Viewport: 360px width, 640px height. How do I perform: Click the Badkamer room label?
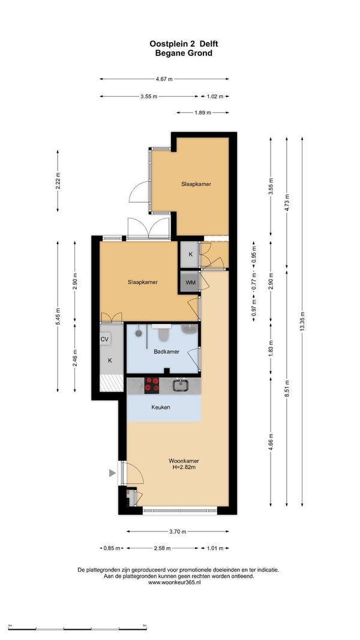(166, 351)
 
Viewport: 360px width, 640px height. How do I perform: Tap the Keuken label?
(160, 407)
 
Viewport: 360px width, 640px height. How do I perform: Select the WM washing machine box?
(190, 282)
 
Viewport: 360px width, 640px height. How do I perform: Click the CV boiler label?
(105, 339)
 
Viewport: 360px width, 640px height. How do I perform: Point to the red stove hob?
(152, 385)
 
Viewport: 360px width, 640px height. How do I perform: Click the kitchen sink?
(181, 385)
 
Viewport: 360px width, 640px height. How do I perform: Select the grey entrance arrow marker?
(112, 473)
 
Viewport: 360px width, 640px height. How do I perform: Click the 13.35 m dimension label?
(302, 323)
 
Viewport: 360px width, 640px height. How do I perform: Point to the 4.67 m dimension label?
(164, 79)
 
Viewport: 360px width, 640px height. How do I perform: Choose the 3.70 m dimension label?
(178, 531)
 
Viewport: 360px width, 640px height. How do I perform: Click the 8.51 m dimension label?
(287, 388)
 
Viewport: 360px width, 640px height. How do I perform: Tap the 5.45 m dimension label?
(58, 317)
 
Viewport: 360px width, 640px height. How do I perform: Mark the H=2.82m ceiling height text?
(184, 467)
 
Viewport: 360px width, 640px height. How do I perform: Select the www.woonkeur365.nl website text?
(175, 582)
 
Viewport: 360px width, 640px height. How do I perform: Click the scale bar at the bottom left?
(77, 628)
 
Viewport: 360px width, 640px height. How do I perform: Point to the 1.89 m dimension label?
(202, 113)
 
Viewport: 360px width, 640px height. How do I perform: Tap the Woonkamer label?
(184, 461)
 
